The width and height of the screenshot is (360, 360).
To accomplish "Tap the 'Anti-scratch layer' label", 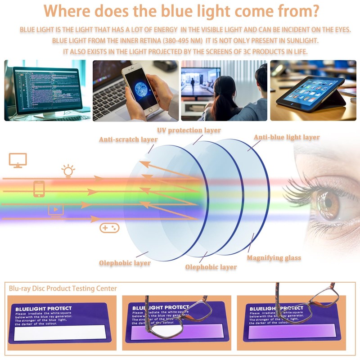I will tap(128, 139).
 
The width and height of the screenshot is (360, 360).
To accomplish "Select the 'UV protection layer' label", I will tap(189, 130).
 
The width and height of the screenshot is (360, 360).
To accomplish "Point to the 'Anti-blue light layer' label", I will tap(287, 137).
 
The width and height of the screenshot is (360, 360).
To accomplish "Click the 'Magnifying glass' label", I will tap(274, 258).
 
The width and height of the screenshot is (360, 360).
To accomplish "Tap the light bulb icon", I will tap(68, 171).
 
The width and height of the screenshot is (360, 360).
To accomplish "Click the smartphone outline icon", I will tap(39, 189).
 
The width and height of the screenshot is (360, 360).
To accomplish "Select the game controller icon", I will tap(109, 228).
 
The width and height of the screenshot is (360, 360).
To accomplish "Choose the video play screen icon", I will tap(56, 210).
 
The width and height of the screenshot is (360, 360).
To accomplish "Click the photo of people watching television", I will tap(224, 90).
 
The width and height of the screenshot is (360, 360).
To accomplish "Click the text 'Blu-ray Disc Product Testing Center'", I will tap(63, 288).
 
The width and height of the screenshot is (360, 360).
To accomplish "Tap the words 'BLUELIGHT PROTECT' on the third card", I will tap(274, 308).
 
